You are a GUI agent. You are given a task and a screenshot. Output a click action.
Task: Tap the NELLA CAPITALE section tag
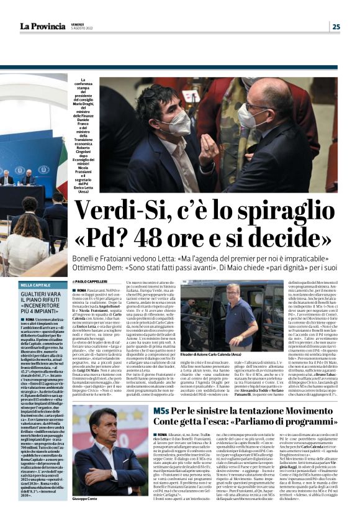34,285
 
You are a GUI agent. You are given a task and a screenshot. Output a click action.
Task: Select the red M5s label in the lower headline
162,412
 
